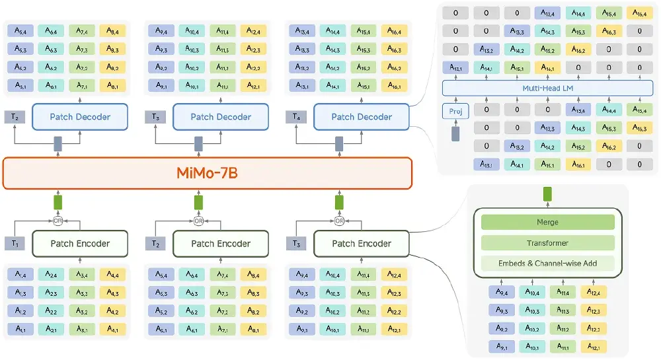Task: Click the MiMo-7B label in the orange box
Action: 207,173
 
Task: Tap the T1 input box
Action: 15,243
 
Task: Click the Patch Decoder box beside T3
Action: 221,117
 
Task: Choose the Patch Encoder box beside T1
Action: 80,243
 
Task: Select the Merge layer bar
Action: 547,223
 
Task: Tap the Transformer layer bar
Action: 547,243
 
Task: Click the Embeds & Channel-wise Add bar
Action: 547,264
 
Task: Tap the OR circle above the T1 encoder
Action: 58,221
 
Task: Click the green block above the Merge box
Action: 547,194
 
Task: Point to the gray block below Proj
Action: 455,134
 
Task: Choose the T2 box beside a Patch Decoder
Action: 15,117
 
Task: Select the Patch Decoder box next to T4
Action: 362,117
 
